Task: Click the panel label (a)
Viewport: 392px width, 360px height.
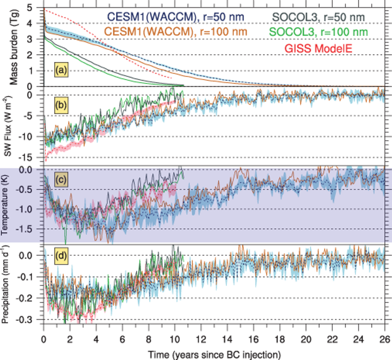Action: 61,70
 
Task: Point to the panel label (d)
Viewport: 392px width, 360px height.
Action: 61,254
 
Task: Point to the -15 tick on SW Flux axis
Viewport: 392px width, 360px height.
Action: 34,158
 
